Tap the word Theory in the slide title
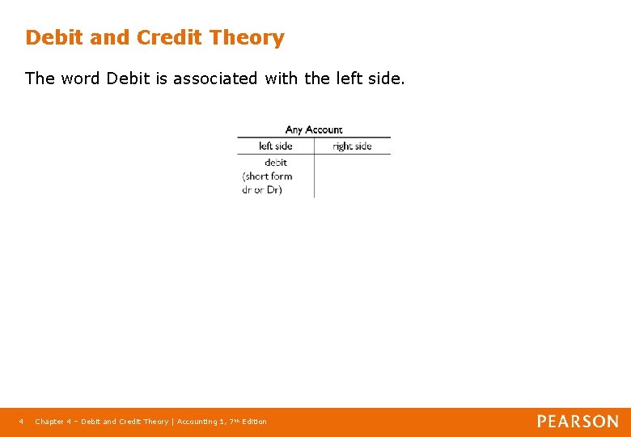247,38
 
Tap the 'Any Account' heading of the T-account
314,129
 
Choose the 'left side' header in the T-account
275,146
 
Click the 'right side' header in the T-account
352,146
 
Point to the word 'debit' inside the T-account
275,163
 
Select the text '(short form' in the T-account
267,176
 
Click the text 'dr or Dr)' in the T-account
262,190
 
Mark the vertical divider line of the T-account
314,174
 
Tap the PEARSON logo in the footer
578,422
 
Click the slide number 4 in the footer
22,422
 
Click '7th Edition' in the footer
248,422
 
